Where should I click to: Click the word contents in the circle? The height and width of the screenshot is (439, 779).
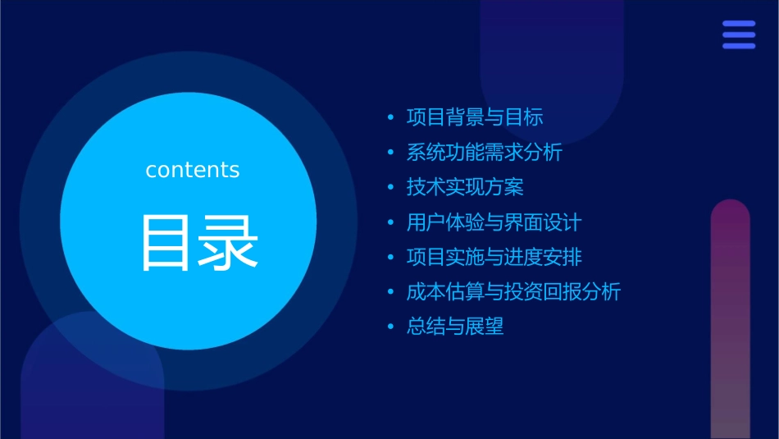[x=193, y=170]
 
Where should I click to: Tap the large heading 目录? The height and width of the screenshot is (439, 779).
[x=200, y=242]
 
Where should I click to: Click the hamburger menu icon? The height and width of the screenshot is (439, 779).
[x=739, y=34]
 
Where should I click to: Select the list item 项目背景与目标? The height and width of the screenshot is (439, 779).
[x=475, y=117]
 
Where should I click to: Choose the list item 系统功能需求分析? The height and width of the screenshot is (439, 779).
[x=485, y=153]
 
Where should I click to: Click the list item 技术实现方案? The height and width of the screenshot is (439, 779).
[x=465, y=187]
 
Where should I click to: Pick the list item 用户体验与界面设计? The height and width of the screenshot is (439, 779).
[x=494, y=222]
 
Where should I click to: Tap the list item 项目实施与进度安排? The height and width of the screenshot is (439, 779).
[x=494, y=257]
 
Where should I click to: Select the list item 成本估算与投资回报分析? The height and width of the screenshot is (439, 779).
[x=514, y=291]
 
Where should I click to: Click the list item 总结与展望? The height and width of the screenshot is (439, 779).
[x=455, y=327]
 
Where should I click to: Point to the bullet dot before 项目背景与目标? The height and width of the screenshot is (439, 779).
[x=391, y=118]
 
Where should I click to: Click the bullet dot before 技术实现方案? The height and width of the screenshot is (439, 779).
[x=391, y=188]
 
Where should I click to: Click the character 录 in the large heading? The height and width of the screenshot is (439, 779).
[x=230, y=242]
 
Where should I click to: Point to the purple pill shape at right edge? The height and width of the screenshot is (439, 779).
[x=730, y=320]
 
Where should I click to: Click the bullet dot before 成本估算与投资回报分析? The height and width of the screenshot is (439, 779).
[x=391, y=292]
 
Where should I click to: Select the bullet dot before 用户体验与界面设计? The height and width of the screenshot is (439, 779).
[x=391, y=223]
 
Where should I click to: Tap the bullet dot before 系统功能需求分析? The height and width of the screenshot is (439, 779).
[x=391, y=153]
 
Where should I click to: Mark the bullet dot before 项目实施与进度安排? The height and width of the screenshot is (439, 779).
[x=391, y=258]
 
